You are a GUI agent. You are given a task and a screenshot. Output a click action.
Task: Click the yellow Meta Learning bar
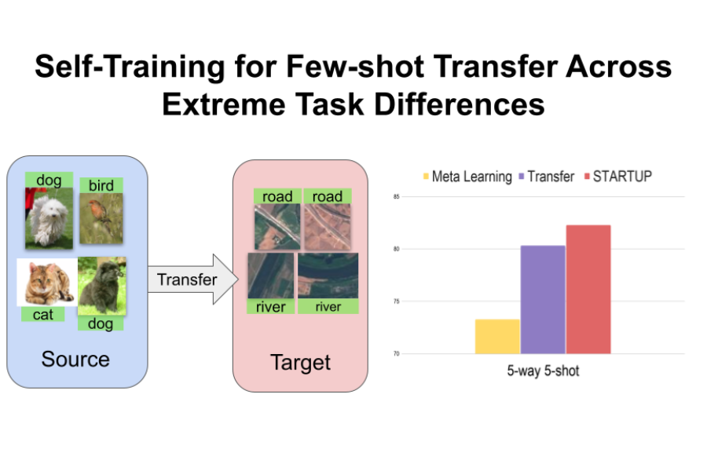click(497, 336)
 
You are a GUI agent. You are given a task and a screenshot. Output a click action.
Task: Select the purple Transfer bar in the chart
click(543, 300)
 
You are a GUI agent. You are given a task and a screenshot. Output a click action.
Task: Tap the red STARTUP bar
click(588, 290)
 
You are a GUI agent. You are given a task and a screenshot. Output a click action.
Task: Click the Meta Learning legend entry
click(467, 176)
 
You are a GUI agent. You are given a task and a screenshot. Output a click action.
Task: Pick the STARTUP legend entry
click(618, 176)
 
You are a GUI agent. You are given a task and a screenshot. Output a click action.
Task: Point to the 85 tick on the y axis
click(397, 196)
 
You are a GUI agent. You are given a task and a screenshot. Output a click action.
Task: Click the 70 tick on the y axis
click(397, 354)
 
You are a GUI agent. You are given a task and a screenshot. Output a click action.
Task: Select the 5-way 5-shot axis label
click(543, 371)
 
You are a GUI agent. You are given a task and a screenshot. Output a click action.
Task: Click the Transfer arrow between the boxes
click(193, 279)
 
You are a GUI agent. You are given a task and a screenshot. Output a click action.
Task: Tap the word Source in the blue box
click(75, 360)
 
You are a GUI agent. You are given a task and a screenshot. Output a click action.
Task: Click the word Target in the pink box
click(300, 363)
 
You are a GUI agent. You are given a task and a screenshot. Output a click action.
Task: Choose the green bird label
click(101, 185)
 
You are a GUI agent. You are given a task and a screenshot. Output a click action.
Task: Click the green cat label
click(43, 314)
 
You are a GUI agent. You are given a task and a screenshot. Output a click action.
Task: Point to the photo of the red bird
click(101, 218)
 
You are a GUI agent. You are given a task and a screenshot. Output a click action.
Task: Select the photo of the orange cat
click(47, 283)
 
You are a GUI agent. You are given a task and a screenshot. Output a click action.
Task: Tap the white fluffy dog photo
click(49, 217)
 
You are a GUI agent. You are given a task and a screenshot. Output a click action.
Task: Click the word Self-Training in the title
click(130, 67)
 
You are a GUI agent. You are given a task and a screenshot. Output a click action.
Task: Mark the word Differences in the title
click(459, 104)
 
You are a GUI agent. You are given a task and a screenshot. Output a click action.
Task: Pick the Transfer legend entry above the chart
click(547, 176)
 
